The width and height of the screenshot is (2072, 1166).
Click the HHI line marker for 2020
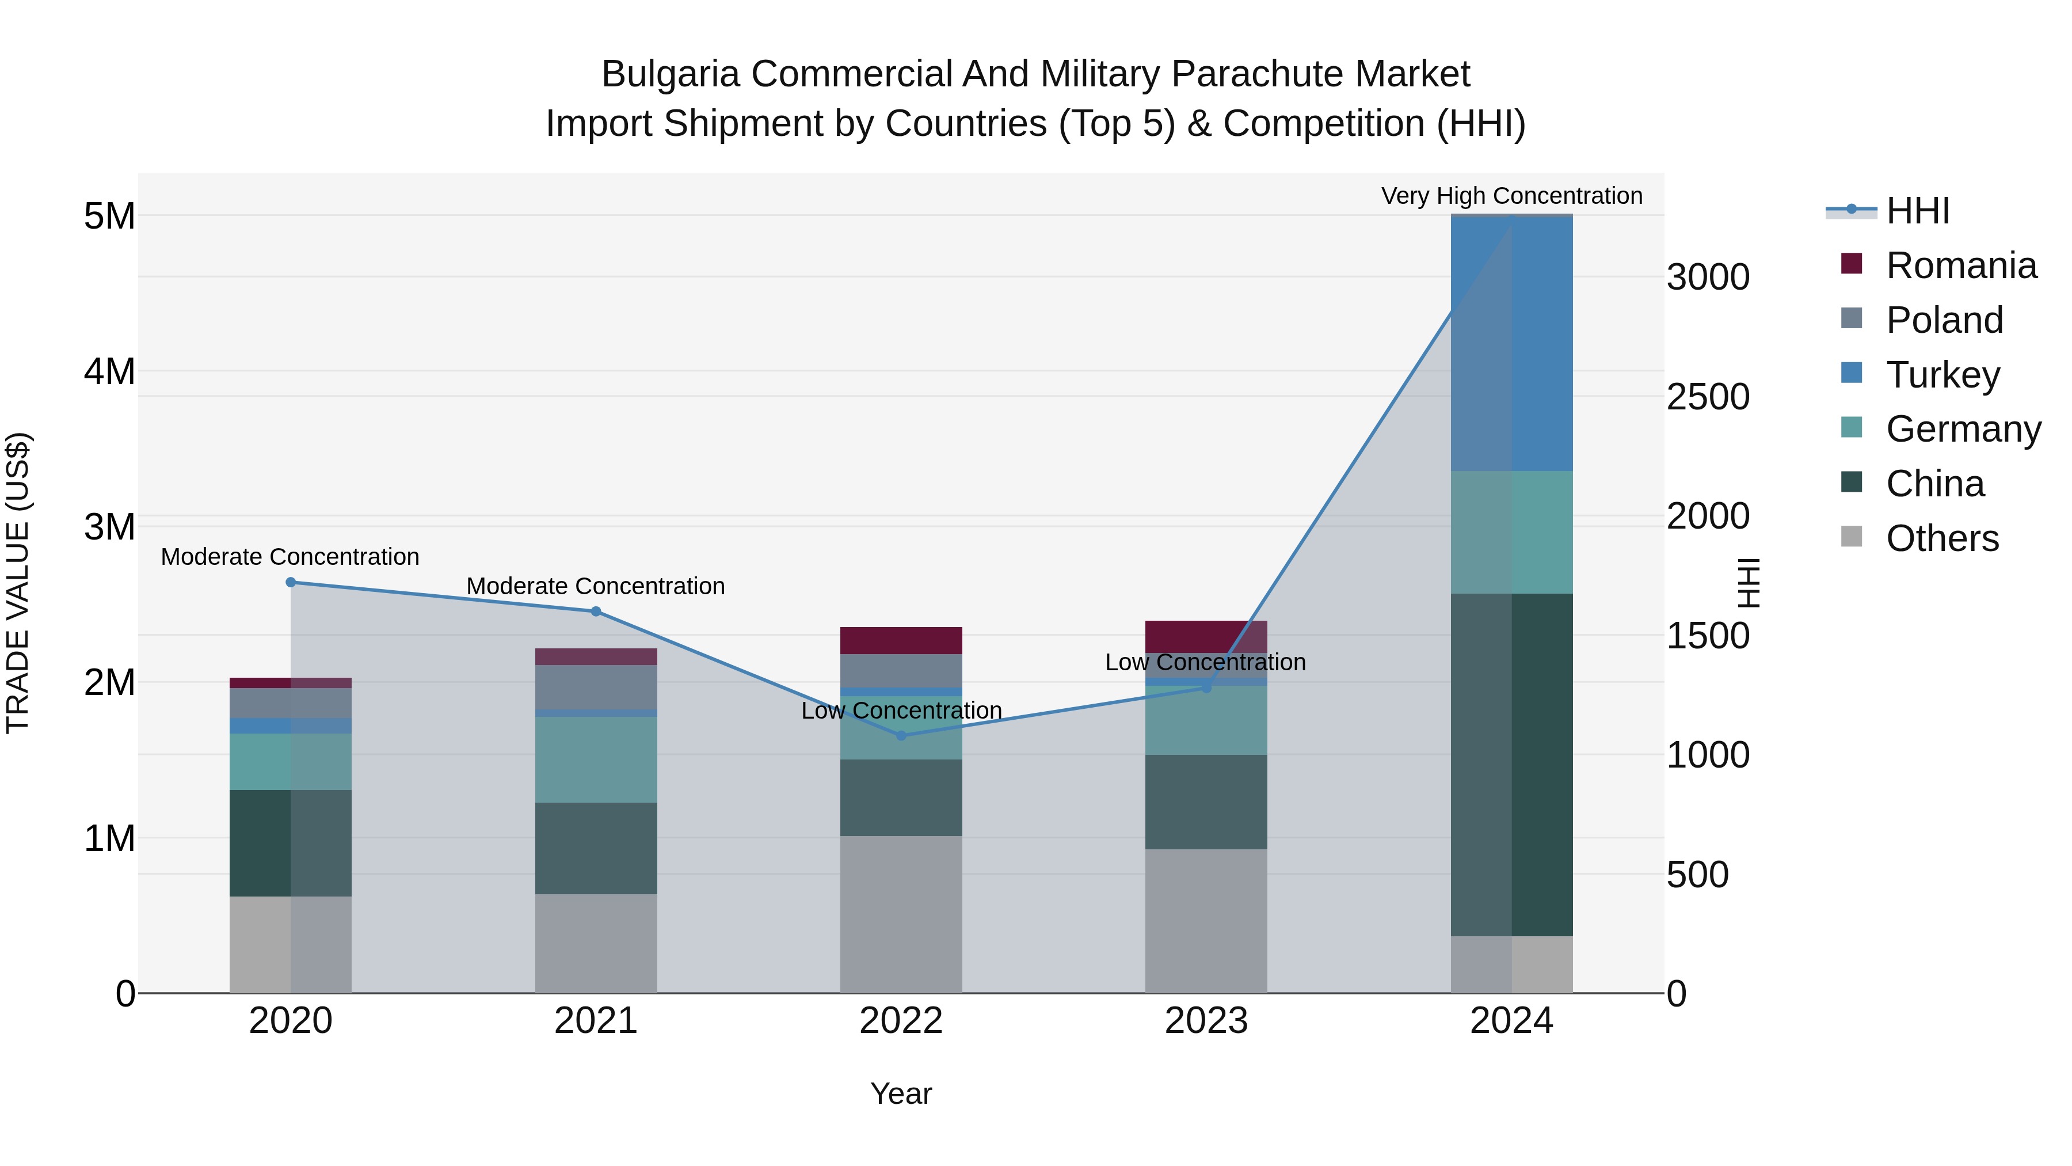pyautogui.click(x=291, y=582)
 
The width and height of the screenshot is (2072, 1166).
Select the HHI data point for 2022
pyautogui.click(x=901, y=735)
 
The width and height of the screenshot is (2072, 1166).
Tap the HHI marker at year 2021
pyautogui.click(x=596, y=612)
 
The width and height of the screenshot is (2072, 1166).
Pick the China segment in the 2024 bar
pyautogui.click(x=1511, y=765)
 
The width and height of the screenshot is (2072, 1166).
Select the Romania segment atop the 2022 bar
pyautogui.click(x=901, y=640)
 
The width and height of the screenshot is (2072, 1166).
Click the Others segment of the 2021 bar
pyautogui.click(x=596, y=943)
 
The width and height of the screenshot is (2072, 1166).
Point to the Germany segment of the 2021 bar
pyautogui.click(x=596, y=759)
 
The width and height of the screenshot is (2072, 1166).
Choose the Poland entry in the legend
pyautogui.click(x=1944, y=320)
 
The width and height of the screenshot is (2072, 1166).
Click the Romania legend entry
pyautogui.click(x=1960, y=265)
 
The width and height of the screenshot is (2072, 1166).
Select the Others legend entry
pyautogui.click(x=1942, y=538)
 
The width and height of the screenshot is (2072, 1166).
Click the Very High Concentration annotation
pyautogui.click(x=1511, y=196)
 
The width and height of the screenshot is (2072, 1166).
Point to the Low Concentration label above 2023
pyautogui.click(x=1205, y=662)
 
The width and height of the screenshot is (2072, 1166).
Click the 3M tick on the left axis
pyautogui.click(x=110, y=527)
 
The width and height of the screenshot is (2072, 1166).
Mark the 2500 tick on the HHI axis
pyautogui.click(x=1708, y=397)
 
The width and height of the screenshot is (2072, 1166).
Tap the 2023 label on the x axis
pyautogui.click(x=1206, y=1021)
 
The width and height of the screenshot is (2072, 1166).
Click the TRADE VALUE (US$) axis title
pyautogui.click(x=18, y=583)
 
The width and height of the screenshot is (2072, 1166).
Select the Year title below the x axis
pyautogui.click(x=901, y=1093)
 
